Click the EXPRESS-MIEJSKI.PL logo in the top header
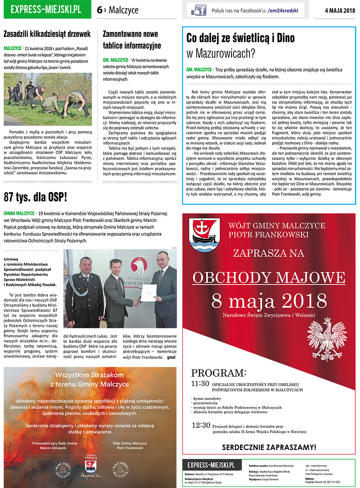point(46,10)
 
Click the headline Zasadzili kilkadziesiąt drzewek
point(47,34)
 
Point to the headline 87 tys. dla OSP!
point(35,197)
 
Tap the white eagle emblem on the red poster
point(324,336)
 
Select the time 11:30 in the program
point(200,384)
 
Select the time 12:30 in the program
point(200,425)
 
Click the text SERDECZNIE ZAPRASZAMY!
point(269,447)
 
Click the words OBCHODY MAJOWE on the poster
point(269,277)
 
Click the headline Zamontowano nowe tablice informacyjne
point(132,40)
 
